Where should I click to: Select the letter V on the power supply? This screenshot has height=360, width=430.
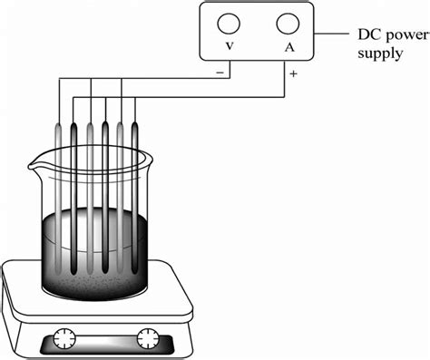tap(230, 47)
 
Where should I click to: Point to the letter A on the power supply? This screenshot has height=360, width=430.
tap(288, 47)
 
